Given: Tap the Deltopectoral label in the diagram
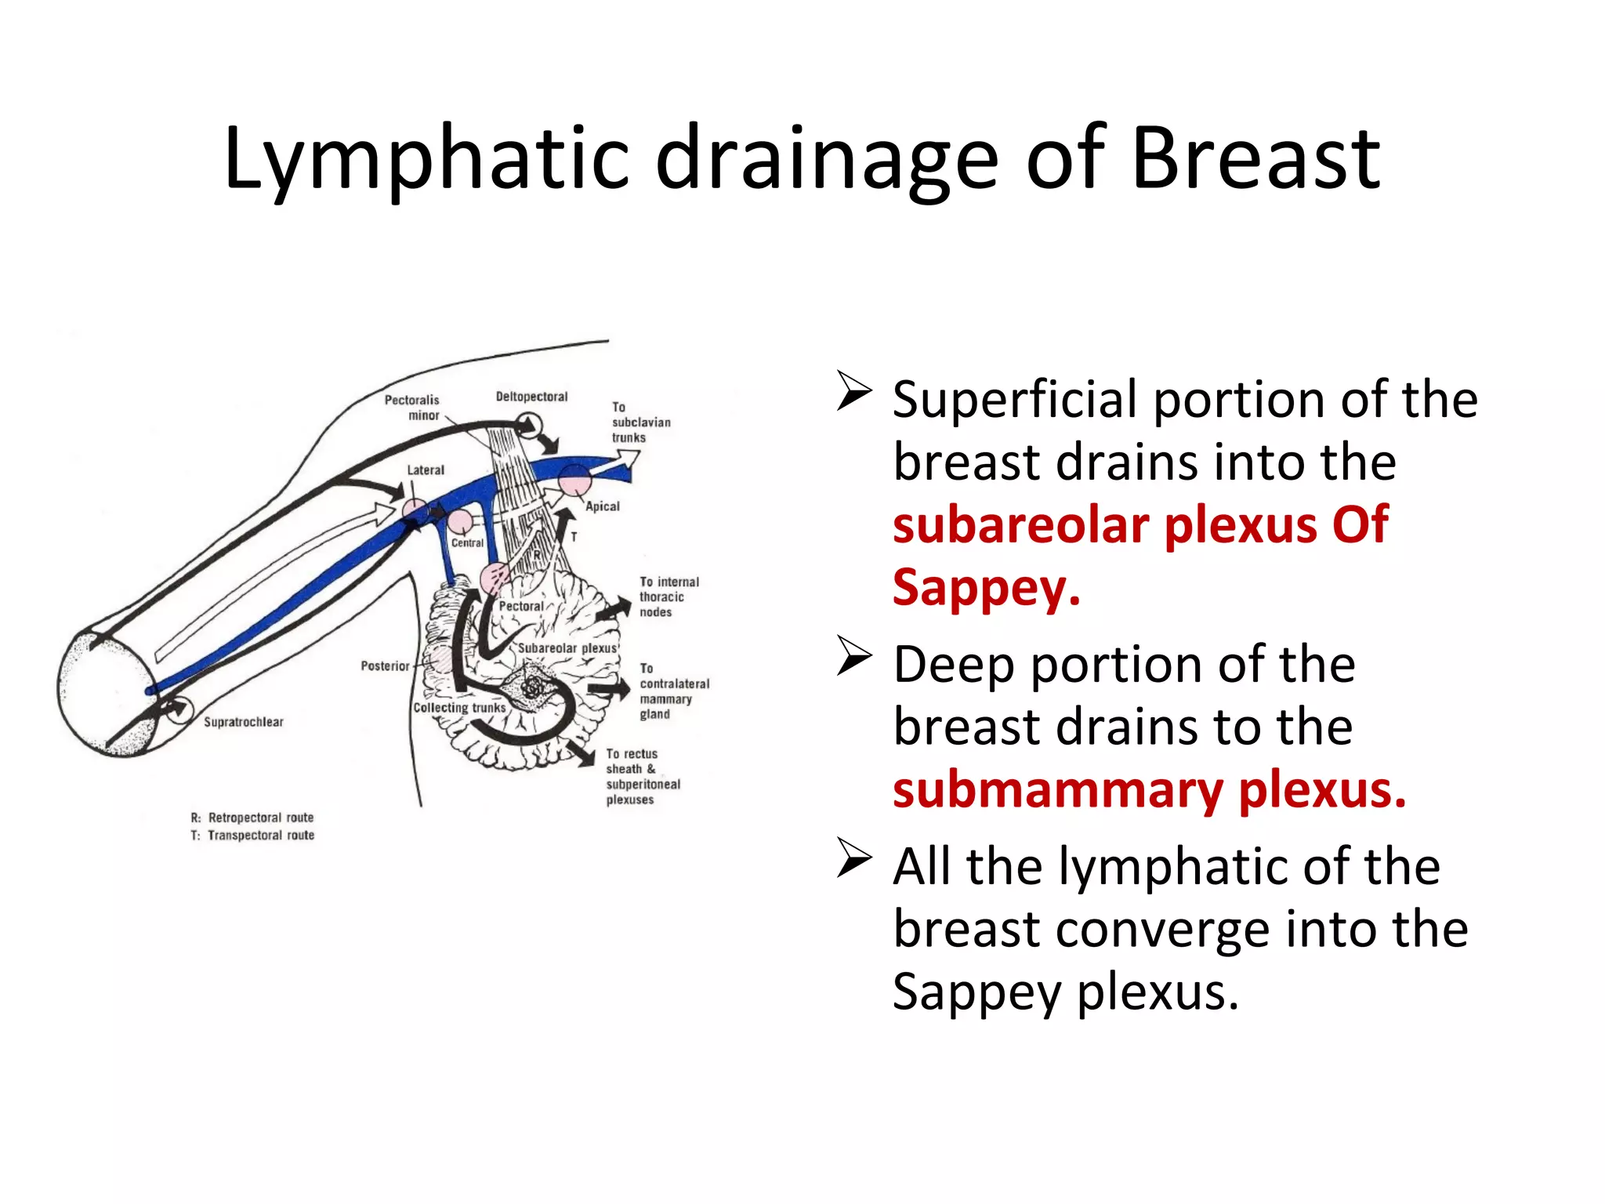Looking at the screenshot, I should point(531,397).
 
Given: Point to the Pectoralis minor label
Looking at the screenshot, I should point(413,408).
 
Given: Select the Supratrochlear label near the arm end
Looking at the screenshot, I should point(244,722).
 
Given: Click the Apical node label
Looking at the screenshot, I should point(603,506).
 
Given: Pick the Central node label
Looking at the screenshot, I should point(467,542).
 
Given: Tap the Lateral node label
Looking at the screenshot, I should point(426,470).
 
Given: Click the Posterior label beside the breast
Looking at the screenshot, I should point(385,666).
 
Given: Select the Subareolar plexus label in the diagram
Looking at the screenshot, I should point(567,648).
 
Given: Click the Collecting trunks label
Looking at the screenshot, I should point(460,708).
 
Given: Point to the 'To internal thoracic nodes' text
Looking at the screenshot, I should point(668,597).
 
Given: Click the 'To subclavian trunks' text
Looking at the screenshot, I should point(640,422).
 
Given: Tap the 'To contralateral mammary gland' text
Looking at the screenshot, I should point(673,691).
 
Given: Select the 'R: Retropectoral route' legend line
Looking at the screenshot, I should point(252,818).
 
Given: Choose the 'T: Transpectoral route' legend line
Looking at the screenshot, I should point(252,836).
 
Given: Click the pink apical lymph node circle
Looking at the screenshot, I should point(574,480).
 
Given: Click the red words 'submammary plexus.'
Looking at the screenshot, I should point(1149,790).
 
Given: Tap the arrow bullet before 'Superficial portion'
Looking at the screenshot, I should point(854,391).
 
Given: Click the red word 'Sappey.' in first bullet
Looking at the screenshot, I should point(987,587).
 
